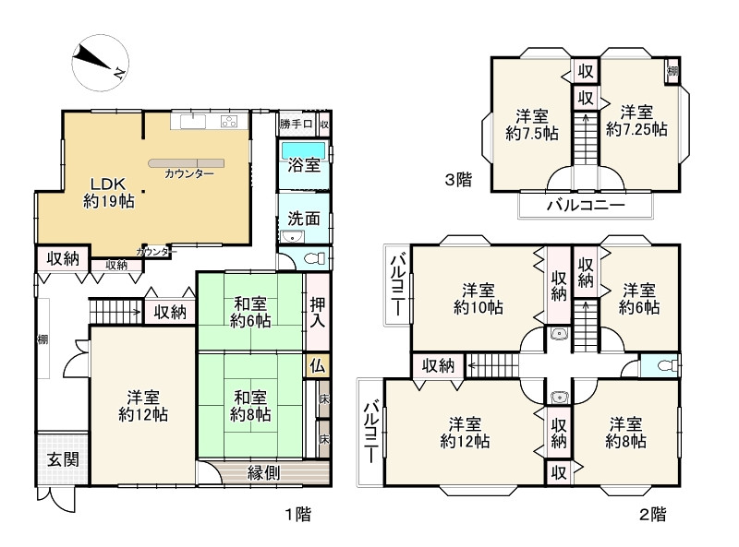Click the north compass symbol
point(101,62)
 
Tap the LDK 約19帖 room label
point(109,193)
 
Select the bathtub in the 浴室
point(304,151)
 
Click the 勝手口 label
point(296,125)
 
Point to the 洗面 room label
point(304,219)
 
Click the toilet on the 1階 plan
point(315,258)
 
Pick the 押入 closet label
point(318,313)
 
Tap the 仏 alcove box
point(318,365)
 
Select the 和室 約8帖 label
point(250,406)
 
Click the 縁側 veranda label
point(264,472)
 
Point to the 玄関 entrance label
point(63,459)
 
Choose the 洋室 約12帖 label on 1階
point(143,406)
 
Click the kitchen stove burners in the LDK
point(229,122)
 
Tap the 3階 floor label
point(458,179)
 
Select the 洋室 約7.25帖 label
point(636,121)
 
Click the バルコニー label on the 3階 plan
point(586,206)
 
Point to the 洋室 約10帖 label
point(479,299)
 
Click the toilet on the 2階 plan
point(668,365)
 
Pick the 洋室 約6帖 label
point(639,299)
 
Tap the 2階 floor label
point(653,514)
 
